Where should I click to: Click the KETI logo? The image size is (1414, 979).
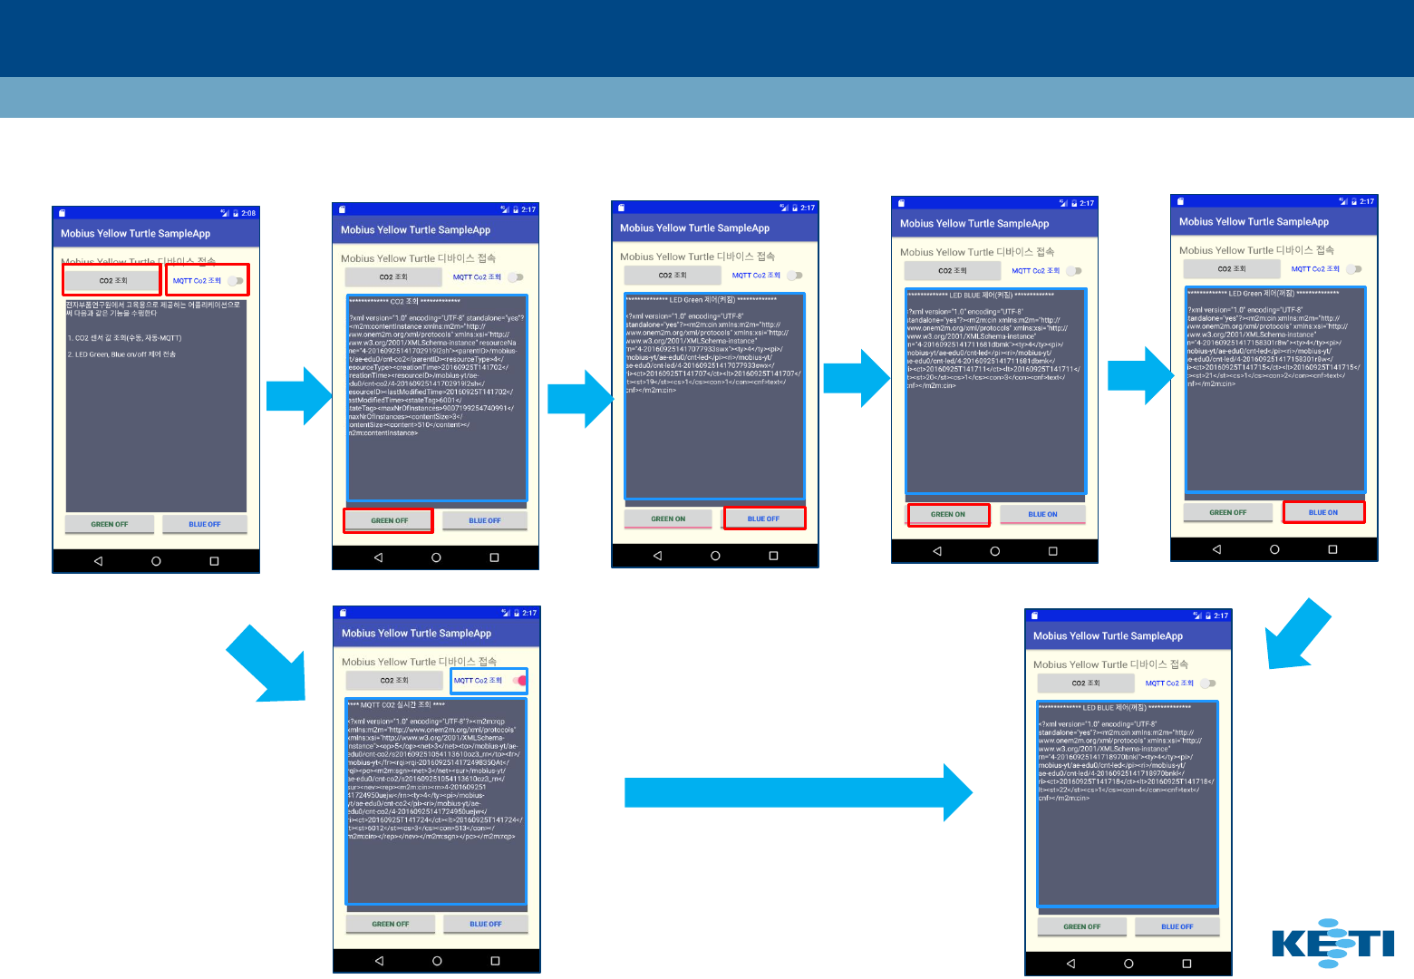(1332, 943)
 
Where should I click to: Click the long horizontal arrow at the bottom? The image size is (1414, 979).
(798, 792)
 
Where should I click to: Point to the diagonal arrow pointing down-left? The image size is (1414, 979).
(1296, 635)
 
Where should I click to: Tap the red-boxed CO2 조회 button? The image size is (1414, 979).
(112, 280)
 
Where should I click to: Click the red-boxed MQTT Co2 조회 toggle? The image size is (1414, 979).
(208, 280)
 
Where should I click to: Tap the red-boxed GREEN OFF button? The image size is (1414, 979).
(389, 520)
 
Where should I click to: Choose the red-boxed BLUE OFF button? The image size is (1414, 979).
(763, 519)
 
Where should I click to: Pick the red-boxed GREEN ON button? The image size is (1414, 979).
(948, 514)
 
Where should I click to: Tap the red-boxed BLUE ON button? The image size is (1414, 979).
(1322, 512)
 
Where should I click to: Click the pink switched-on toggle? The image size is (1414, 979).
(519, 680)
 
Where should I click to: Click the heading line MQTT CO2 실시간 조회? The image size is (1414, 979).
(396, 704)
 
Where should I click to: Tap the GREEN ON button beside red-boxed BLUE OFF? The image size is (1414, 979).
(668, 519)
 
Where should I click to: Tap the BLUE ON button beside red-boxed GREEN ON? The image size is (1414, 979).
(1042, 514)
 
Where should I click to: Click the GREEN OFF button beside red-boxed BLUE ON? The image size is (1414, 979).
(1227, 512)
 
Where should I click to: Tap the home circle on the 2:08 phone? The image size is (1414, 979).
(156, 561)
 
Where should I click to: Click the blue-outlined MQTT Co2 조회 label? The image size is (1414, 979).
(478, 680)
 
